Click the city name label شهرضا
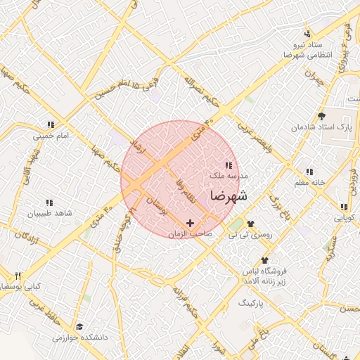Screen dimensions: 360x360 click(x=229, y=195)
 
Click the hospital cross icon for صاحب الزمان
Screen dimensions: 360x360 click(x=190, y=223)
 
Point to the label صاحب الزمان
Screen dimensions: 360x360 click(x=191, y=233)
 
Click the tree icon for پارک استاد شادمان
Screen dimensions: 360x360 click(x=322, y=117)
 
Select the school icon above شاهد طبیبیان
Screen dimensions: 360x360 click(x=49, y=202)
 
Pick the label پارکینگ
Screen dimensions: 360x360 click(x=250, y=303)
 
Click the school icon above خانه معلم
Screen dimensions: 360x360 click(x=309, y=172)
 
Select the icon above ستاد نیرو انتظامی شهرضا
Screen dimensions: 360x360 click(x=307, y=34)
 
